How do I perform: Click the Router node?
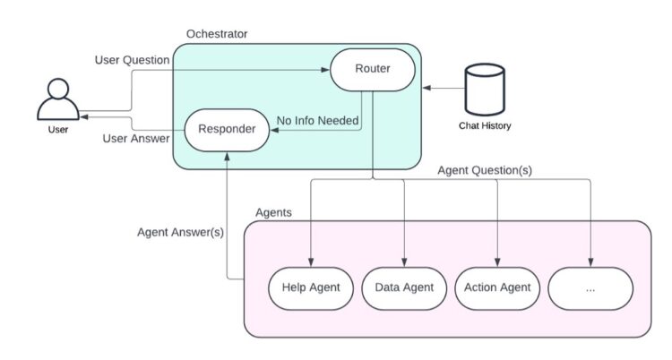(373, 69)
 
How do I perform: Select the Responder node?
(227, 130)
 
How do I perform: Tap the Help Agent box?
(309, 287)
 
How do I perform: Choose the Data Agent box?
(404, 287)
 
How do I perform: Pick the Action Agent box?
(498, 287)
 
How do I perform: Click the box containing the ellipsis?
(590, 287)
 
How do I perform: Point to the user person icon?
(57, 99)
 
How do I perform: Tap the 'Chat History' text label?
(485, 126)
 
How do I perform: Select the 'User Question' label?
(132, 60)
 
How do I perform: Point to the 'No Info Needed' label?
(317, 120)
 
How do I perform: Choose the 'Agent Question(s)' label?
(485, 170)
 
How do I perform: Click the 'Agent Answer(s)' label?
(180, 231)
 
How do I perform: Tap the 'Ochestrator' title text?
(217, 34)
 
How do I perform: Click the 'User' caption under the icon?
(57, 131)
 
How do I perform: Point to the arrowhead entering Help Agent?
(310, 260)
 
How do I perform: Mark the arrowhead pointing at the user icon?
(82, 116)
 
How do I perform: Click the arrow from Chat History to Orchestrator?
(439, 88)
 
